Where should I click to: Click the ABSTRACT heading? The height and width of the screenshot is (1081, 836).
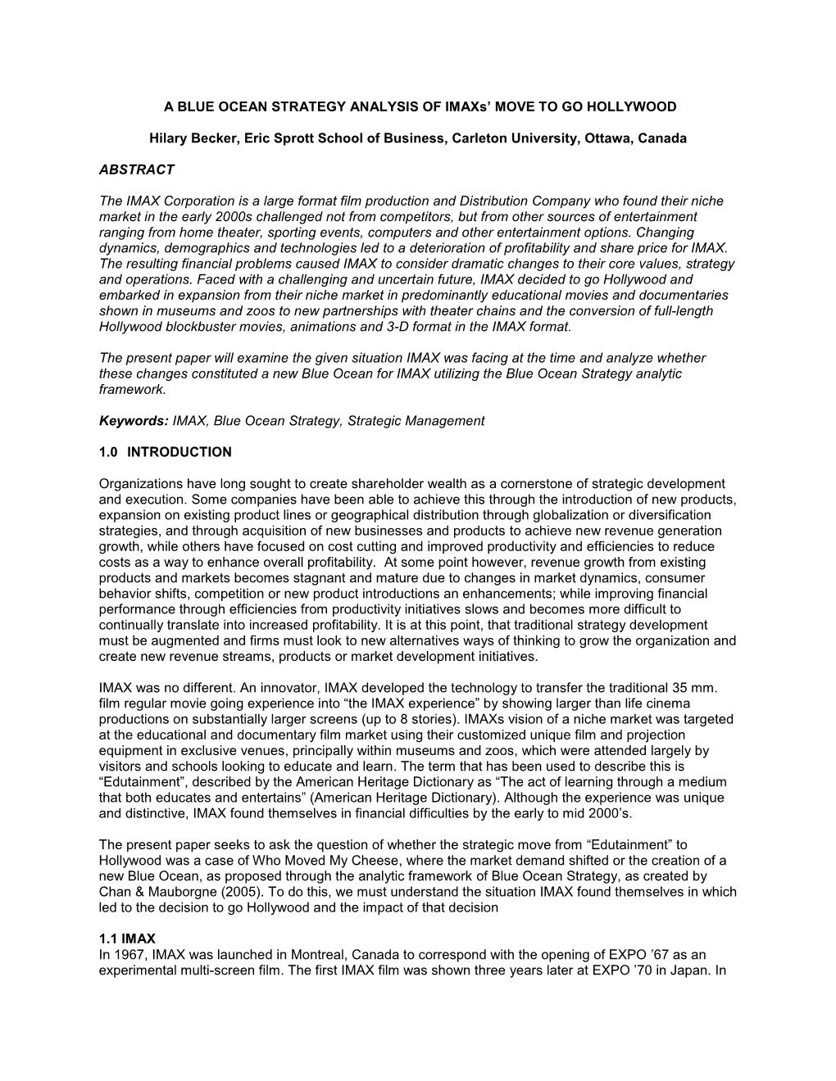coord(136,170)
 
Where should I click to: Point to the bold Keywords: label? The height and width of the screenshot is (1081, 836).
coord(134,421)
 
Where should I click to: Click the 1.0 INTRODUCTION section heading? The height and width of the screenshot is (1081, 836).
coord(165,452)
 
